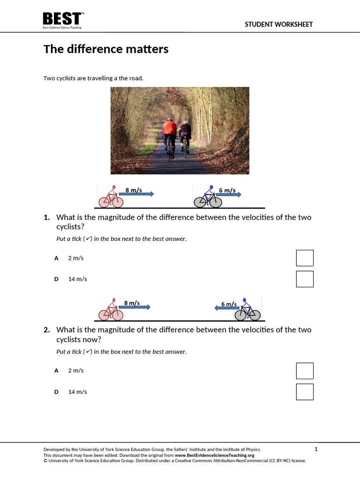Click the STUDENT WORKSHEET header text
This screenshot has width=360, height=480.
coord(278,24)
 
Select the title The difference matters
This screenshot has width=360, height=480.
coord(106,49)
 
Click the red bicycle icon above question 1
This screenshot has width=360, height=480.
coord(111,196)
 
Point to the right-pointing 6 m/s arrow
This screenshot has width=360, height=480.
coord(229,194)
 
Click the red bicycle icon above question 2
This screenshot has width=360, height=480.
coord(111,309)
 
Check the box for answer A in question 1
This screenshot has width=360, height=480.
coord(305,258)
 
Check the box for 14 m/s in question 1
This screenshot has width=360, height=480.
coord(305,279)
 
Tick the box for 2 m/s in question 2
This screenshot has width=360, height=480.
coord(305,370)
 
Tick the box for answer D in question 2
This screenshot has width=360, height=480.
coord(305,392)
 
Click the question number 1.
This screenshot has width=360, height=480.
coord(46,217)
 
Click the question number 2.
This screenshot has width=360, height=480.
coord(46,330)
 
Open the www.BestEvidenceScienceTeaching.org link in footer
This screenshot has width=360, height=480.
coord(215,455)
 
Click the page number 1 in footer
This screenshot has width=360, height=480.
coord(316,450)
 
